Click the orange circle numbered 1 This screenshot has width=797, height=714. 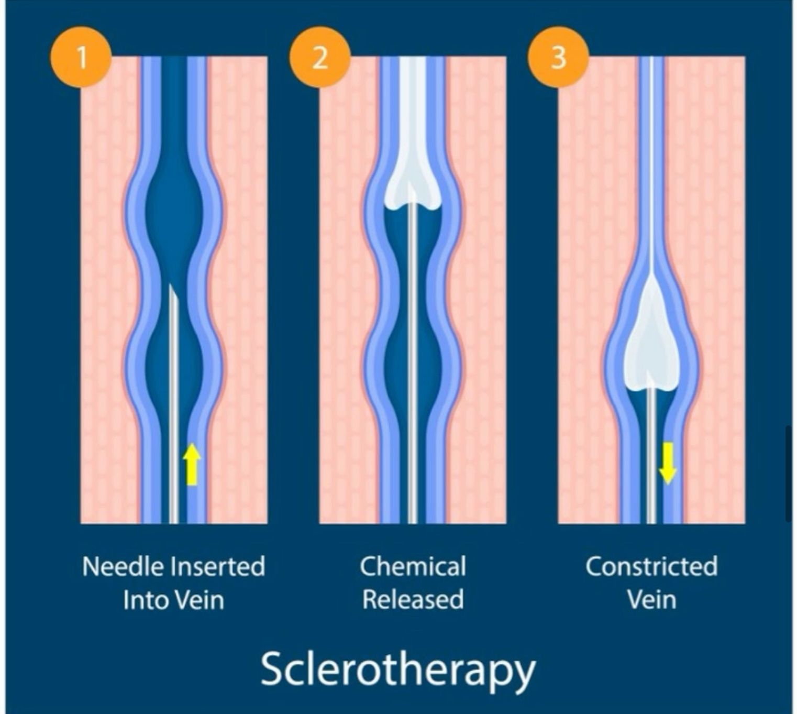(x=81, y=57)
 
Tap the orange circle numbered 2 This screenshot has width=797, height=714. (x=320, y=57)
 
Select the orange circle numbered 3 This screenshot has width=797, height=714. (x=559, y=57)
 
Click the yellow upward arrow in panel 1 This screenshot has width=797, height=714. (x=192, y=464)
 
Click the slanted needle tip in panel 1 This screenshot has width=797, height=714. (x=173, y=293)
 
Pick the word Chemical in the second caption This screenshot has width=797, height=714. (x=413, y=567)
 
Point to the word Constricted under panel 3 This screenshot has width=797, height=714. (x=651, y=567)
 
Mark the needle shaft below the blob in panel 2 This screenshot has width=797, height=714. (x=413, y=367)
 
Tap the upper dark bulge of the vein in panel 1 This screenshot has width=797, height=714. (x=174, y=210)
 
